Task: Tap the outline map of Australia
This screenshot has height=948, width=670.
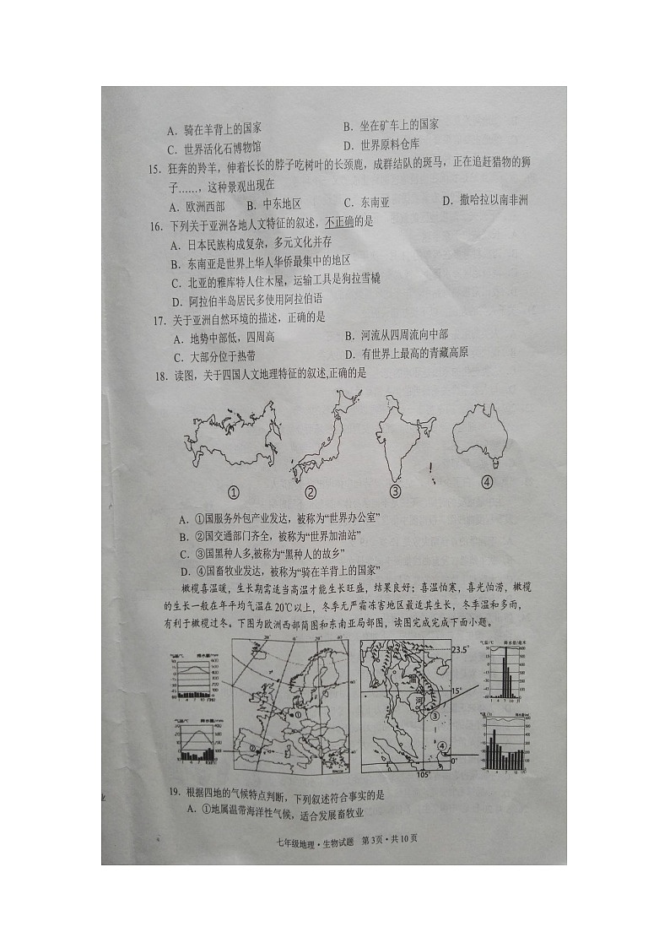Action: coord(479,433)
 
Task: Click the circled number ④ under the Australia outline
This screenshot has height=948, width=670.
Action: coord(486,482)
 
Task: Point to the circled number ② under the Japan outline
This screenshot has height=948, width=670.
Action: coord(310,492)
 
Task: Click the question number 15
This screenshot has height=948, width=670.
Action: coord(154,169)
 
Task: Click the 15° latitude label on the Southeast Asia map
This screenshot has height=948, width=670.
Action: coord(457,691)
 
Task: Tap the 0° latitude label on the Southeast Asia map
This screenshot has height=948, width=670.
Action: coord(455,760)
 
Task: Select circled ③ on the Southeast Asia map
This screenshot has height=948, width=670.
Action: coord(435,716)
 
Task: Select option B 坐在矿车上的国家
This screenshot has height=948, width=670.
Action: coord(391,125)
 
